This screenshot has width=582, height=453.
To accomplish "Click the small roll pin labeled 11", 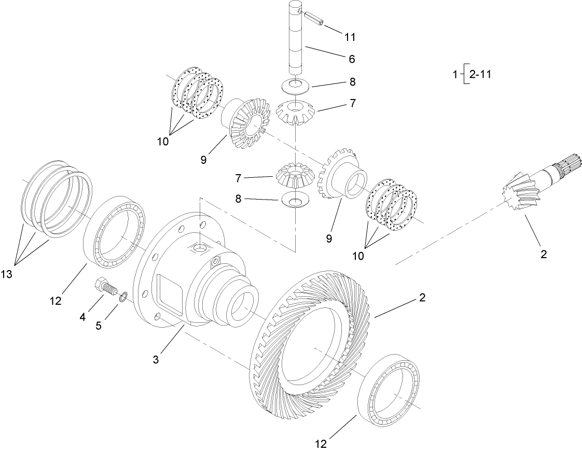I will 314,17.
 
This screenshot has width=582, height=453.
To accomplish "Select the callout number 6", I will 351,59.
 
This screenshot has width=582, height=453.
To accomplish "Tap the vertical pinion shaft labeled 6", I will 296,41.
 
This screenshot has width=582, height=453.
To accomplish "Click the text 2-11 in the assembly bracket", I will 480,74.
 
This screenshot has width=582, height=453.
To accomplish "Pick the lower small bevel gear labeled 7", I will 295,174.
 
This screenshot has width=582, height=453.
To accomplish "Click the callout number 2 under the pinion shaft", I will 543,254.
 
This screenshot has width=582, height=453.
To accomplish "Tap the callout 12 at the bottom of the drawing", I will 323,444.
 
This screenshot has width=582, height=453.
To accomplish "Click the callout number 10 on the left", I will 163,140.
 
